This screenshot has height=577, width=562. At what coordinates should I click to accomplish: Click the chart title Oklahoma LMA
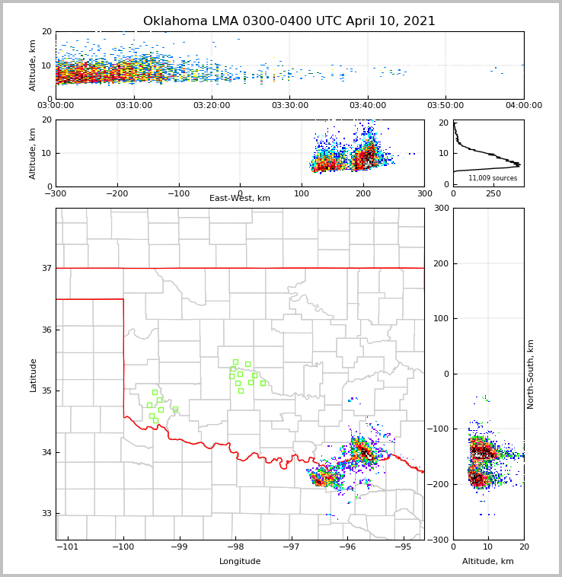click(x=289, y=21)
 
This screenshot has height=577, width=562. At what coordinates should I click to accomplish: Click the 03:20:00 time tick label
click(x=212, y=106)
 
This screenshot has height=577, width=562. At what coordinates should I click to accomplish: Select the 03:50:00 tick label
click(x=445, y=106)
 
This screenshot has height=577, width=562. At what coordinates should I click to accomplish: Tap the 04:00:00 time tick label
click(x=523, y=106)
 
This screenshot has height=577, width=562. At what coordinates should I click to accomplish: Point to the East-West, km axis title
click(x=240, y=199)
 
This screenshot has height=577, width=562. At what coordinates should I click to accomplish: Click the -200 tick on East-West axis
click(x=117, y=193)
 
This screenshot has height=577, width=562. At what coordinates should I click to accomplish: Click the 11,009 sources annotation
click(x=493, y=178)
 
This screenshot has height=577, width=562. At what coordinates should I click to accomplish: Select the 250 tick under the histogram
click(x=493, y=193)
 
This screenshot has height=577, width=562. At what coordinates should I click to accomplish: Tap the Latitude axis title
click(x=33, y=375)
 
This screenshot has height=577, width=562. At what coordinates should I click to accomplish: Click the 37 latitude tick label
click(x=46, y=268)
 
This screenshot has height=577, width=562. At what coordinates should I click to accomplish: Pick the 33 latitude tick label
click(x=46, y=514)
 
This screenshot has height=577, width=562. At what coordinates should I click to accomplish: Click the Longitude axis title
click(x=240, y=562)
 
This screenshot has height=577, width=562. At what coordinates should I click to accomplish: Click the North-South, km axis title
click(x=531, y=374)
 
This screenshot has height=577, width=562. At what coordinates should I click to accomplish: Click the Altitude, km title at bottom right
click(x=488, y=562)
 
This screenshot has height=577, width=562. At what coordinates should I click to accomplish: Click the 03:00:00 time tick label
click(x=56, y=106)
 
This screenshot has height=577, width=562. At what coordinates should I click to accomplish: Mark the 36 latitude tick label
click(x=46, y=330)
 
